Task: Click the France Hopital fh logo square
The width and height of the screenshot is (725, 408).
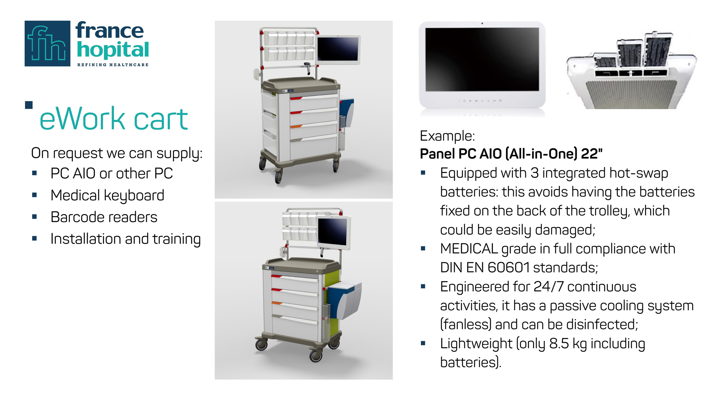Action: [x=47, y=44]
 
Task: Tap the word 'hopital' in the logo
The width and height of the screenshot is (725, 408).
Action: [x=113, y=50]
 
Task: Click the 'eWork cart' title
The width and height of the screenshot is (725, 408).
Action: [x=113, y=119]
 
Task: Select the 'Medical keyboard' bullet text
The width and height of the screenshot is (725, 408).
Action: [x=107, y=195]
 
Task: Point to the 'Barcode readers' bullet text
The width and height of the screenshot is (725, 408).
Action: [x=104, y=217]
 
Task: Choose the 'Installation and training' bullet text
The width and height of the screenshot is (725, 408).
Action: [x=125, y=239]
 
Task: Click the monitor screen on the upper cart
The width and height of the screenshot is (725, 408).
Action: [x=338, y=49]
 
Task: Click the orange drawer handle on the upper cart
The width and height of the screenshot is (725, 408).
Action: [x=296, y=127]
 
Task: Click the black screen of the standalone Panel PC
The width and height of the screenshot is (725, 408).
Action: [x=482, y=59]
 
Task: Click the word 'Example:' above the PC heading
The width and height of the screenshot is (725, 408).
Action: [x=447, y=136]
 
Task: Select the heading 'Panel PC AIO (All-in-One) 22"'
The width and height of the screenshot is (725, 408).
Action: [x=511, y=154]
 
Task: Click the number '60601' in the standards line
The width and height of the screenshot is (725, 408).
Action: [x=509, y=268]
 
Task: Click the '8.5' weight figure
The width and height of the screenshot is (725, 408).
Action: [x=559, y=343]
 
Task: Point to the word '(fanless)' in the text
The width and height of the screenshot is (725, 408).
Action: [x=466, y=325]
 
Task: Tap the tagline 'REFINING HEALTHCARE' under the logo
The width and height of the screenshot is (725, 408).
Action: [x=113, y=65]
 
